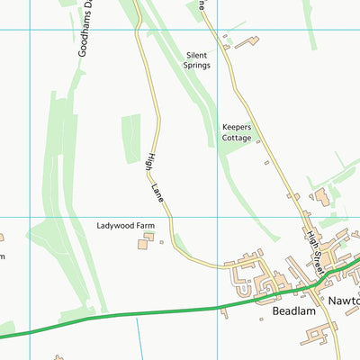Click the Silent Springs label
point(197,60)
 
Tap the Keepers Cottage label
point(238,133)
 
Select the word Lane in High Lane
point(158,192)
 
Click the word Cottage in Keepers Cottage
point(238,139)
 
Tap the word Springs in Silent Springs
point(198,66)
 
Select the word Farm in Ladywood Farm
point(158,224)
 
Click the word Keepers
point(238,127)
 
